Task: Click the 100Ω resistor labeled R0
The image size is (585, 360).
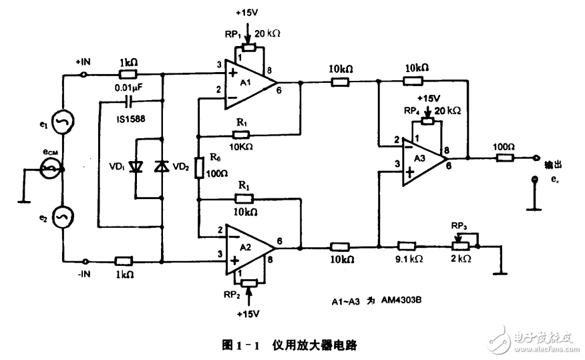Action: coord(198,168)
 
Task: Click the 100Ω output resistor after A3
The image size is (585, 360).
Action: coord(505,158)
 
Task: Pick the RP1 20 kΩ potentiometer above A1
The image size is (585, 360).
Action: coord(249,47)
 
